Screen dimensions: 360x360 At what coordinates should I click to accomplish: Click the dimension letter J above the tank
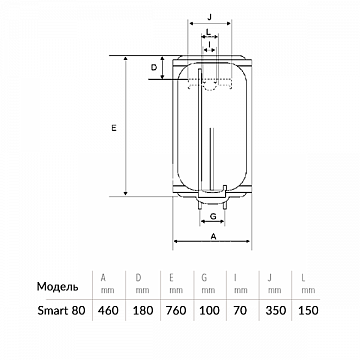point(210,18)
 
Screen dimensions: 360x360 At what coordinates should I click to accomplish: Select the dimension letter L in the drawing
point(208,32)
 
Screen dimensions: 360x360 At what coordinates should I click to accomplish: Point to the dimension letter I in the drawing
point(209,44)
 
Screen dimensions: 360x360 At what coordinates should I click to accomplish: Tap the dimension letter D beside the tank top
point(154,68)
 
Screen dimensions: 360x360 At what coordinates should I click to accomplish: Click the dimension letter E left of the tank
point(114,128)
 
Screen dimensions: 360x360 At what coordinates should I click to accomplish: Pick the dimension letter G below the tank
point(213,216)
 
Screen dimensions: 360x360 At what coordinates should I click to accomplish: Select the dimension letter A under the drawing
point(214,236)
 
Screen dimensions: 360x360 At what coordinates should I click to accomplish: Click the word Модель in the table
point(58,287)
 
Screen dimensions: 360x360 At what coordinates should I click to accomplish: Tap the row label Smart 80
point(61,311)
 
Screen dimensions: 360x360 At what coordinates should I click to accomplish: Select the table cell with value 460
point(108,311)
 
